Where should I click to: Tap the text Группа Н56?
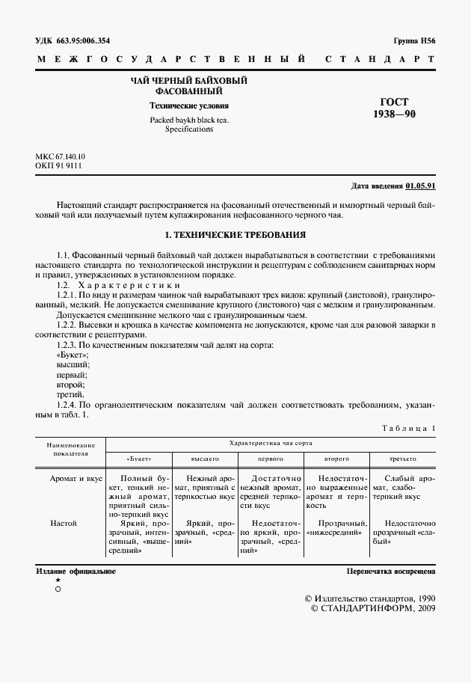click(x=414, y=41)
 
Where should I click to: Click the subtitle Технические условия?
click(x=189, y=105)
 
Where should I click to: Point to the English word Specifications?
click(x=189, y=129)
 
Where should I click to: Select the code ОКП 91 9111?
click(x=59, y=166)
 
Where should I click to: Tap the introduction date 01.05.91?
click(x=421, y=186)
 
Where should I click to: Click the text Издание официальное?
click(x=76, y=571)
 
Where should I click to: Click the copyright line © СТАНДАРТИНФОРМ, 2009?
click(x=372, y=609)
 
